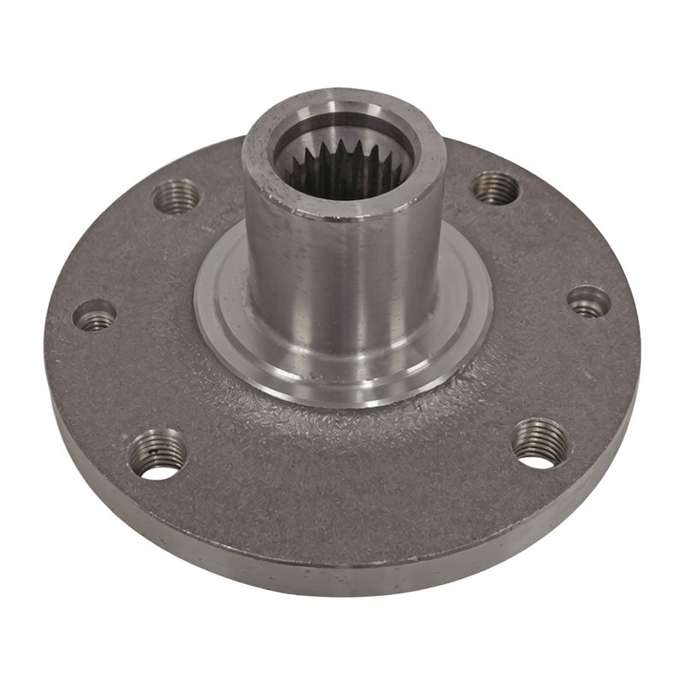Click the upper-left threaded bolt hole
176,197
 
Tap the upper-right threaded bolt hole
497,187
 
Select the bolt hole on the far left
94,315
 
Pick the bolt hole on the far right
589,301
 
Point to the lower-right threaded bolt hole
540,442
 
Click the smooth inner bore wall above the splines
376,137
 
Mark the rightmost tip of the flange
640,342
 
